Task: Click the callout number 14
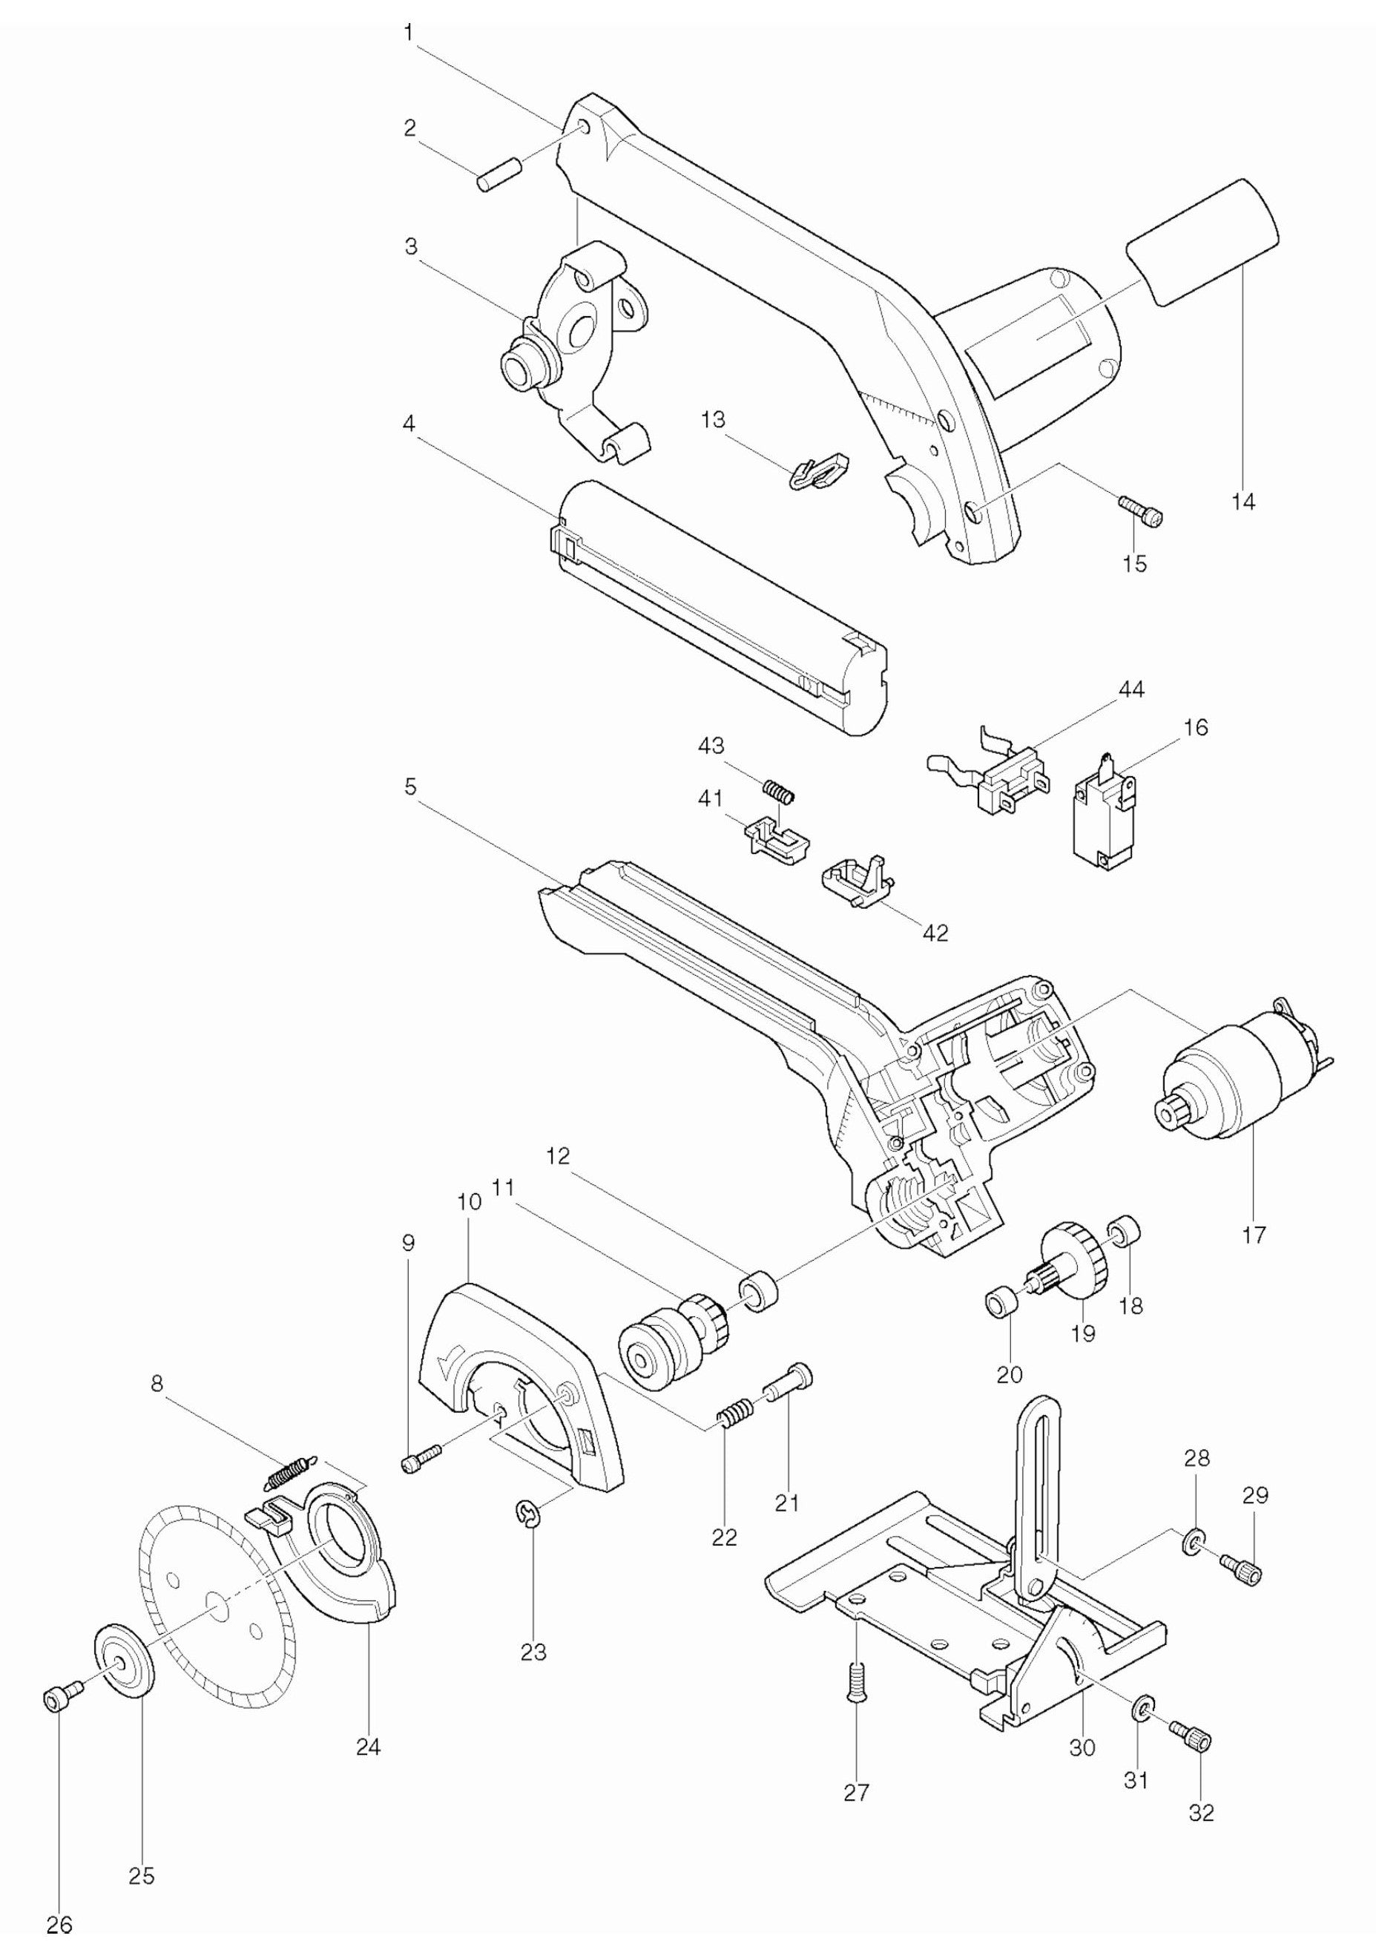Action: click(x=1242, y=501)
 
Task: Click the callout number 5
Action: click(x=410, y=787)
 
